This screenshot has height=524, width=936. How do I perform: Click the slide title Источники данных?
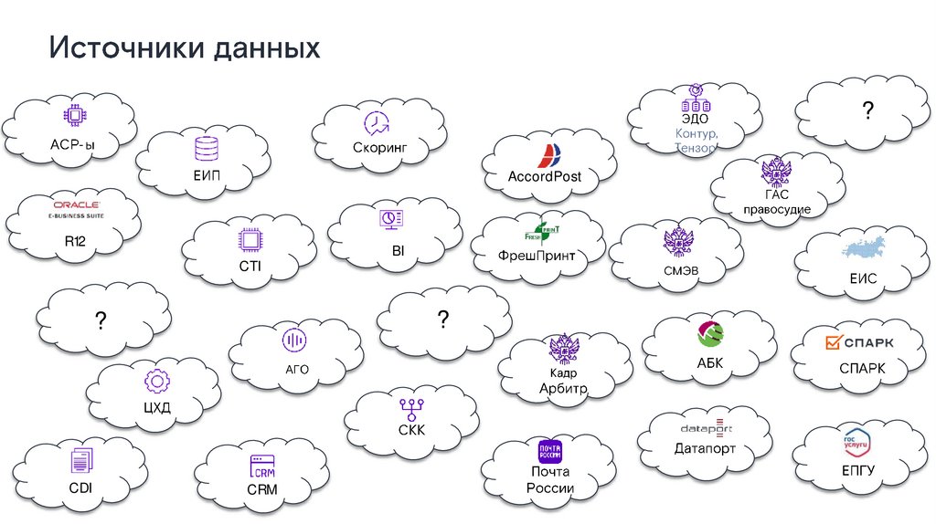pos(185,48)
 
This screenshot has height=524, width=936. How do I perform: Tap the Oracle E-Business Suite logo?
pos(75,210)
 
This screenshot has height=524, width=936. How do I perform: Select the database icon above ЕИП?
pos(207,148)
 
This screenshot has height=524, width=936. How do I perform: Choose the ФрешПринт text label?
pos(537,256)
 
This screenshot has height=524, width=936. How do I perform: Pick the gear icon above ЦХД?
pos(155,381)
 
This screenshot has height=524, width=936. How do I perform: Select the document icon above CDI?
pos(80,463)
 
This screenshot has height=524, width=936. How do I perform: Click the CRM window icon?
pos(262,466)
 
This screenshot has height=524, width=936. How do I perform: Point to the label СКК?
pos(411,430)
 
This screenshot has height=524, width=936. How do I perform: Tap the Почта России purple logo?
pos(549,451)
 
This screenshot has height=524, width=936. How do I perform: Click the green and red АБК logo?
pos(710,334)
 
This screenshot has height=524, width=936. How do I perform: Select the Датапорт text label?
pos(705,449)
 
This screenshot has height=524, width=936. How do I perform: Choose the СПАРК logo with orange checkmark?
pos(860,342)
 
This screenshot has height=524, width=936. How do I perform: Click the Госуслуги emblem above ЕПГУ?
pos(856,443)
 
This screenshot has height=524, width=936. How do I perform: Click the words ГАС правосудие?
pos(776,202)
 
